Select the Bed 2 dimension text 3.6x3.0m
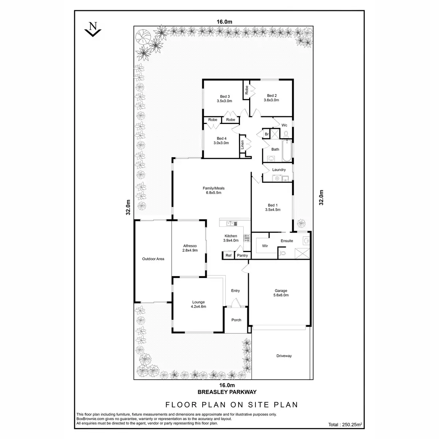pos(271,100)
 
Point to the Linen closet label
pos(242,145)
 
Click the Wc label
pos(284,125)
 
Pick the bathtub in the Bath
pos(287,151)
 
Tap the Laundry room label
pos(279,170)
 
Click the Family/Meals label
pos(214,188)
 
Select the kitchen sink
pos(231,223)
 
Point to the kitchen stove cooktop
pos(247,238)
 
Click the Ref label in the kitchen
pos(228,255)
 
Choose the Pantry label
pos(242,255)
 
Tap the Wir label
pos(265,246)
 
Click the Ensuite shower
pos(302,253)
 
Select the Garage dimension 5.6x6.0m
pos(281,295)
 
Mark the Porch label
pos(236,320)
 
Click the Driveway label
pos(284,356)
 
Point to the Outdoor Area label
pos(153,259)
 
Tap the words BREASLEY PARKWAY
pos(227,391)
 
